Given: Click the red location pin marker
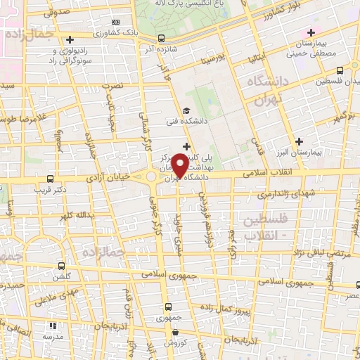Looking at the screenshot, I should tap(181, 165).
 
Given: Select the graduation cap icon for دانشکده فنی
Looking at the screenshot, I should tap(186, 110).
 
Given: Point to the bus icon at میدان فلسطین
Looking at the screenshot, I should tap(340, 70).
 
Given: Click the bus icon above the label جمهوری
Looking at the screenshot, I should tap(168, 306).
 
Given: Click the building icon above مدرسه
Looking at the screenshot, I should tap(53, 326).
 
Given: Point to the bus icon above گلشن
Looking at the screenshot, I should tap(62, 266).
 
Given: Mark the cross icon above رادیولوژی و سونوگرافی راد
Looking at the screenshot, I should tap(68, 39).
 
